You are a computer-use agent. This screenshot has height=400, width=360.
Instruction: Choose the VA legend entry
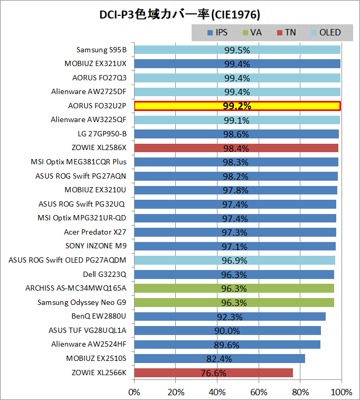coord(252,33)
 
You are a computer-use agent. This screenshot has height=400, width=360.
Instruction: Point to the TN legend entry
coord(287,33)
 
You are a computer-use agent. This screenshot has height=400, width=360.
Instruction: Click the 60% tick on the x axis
coord(259,392)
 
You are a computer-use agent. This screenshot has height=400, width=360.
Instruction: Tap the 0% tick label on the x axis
coord(135,392)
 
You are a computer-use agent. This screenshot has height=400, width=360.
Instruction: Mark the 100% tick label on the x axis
coord(342,392)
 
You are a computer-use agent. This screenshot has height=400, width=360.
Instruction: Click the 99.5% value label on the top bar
coord(236,50)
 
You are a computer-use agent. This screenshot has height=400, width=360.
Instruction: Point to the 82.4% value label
coord(219,359)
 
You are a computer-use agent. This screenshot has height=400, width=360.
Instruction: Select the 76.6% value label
coord(213,373)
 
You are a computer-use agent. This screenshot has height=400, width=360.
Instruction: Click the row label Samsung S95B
coord(101,50)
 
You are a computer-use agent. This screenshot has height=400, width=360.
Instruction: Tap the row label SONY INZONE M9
coord(96,246)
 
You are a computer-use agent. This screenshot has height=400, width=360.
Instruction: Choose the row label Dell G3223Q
coord(105,274)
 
